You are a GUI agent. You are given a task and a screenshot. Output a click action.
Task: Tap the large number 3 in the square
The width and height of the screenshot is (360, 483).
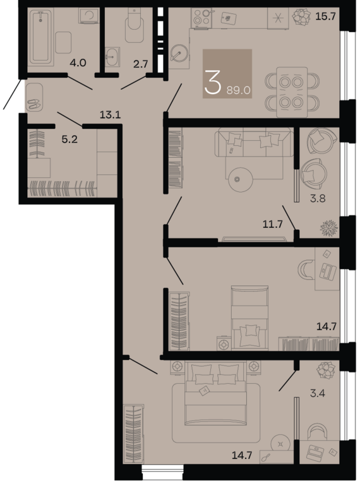213,82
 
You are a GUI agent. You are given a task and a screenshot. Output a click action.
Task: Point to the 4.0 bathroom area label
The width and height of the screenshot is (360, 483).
78,63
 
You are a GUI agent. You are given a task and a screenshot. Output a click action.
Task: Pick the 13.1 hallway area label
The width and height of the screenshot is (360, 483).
110,114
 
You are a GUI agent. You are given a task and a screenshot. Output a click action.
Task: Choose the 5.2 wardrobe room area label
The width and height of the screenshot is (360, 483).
69,140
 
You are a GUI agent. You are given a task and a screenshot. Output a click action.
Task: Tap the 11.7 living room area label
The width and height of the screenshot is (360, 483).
273,223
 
